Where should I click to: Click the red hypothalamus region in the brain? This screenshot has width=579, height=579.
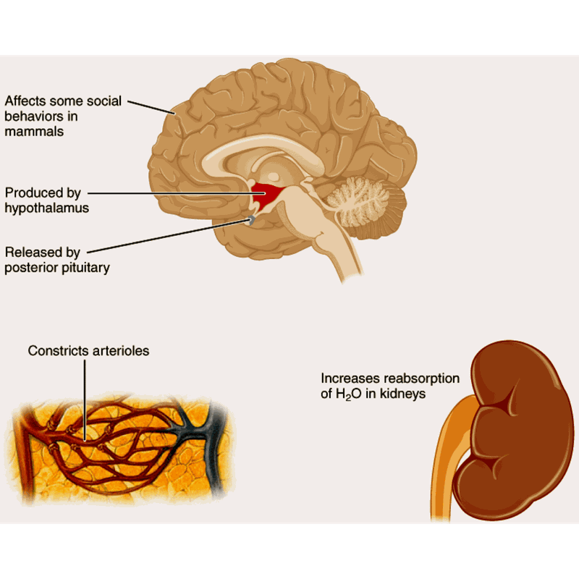(x=268, y=195)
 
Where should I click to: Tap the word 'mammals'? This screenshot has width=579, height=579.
(x=35, y=132)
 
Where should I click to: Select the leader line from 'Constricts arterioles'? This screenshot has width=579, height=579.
(x=85, y=398)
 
